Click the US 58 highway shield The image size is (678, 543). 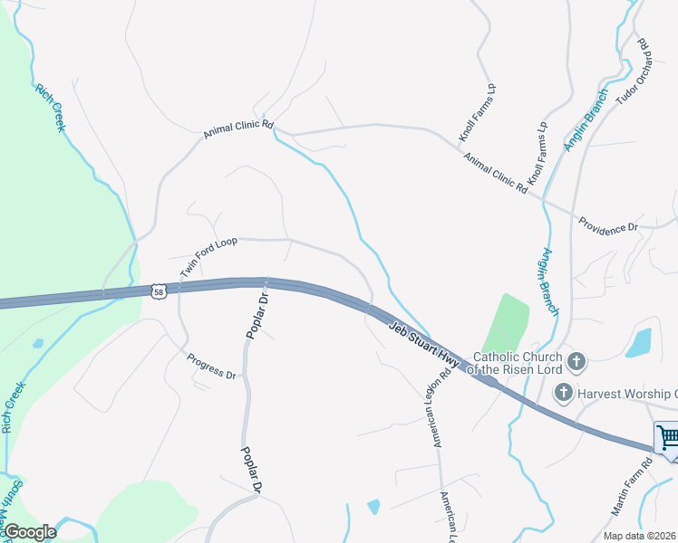tap(160, 291)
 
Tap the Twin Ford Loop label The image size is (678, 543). tap(208, 257)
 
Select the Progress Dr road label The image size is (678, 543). tap(211, 367)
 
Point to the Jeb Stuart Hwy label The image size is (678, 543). tap(426, 344)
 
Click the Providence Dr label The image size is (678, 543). tap(608, 226)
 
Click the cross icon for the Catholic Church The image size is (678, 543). tap(576, 363)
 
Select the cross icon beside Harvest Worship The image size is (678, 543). tap(563, 392)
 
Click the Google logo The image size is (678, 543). tap(30, 532)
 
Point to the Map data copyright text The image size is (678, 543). tap(639, 536)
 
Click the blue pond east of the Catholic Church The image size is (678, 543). tap(639, 342)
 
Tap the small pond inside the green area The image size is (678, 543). tap(37, 344)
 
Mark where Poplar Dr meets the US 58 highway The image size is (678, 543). tap(266, 282)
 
